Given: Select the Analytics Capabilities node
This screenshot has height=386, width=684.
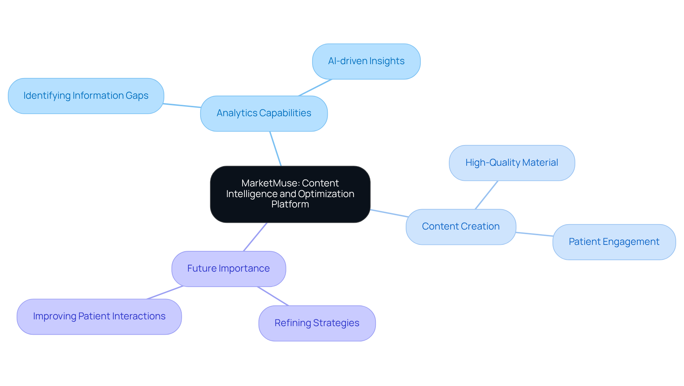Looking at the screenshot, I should point(264,113).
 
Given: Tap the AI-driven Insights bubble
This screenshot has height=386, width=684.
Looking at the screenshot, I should point(366,61).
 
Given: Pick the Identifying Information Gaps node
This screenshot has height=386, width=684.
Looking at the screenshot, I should point(86,96).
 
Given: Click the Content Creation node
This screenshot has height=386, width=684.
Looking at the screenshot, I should point(461,227).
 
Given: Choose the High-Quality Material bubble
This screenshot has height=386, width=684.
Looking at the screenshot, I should point(512,163).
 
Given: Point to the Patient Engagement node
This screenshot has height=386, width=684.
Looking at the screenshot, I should point(614,242).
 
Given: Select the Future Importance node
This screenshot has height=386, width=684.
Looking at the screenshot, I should point(228,269).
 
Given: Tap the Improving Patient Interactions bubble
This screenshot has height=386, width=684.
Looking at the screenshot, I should point(99,316).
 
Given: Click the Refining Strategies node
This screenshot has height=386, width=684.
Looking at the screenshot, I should point(317,323).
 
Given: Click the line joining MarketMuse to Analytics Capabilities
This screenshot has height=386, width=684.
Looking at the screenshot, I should point(275,149).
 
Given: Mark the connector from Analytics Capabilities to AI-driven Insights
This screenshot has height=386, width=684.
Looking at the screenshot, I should point(315,87).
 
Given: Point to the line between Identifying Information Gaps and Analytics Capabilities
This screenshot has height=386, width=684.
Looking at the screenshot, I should point(182,105).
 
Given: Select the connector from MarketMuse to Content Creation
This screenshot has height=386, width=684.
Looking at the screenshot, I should point(389,213).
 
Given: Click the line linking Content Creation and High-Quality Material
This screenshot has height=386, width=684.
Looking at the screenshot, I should point(486,195).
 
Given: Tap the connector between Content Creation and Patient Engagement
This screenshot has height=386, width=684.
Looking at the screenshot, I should point(534,234).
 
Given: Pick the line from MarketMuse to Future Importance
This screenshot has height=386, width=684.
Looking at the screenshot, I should point(255,237).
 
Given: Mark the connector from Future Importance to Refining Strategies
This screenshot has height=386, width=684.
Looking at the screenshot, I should point(273,296).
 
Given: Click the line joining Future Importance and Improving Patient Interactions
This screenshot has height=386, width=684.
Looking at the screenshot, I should point(165,293).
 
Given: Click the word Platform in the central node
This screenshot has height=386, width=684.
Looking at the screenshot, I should point(290,204).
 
